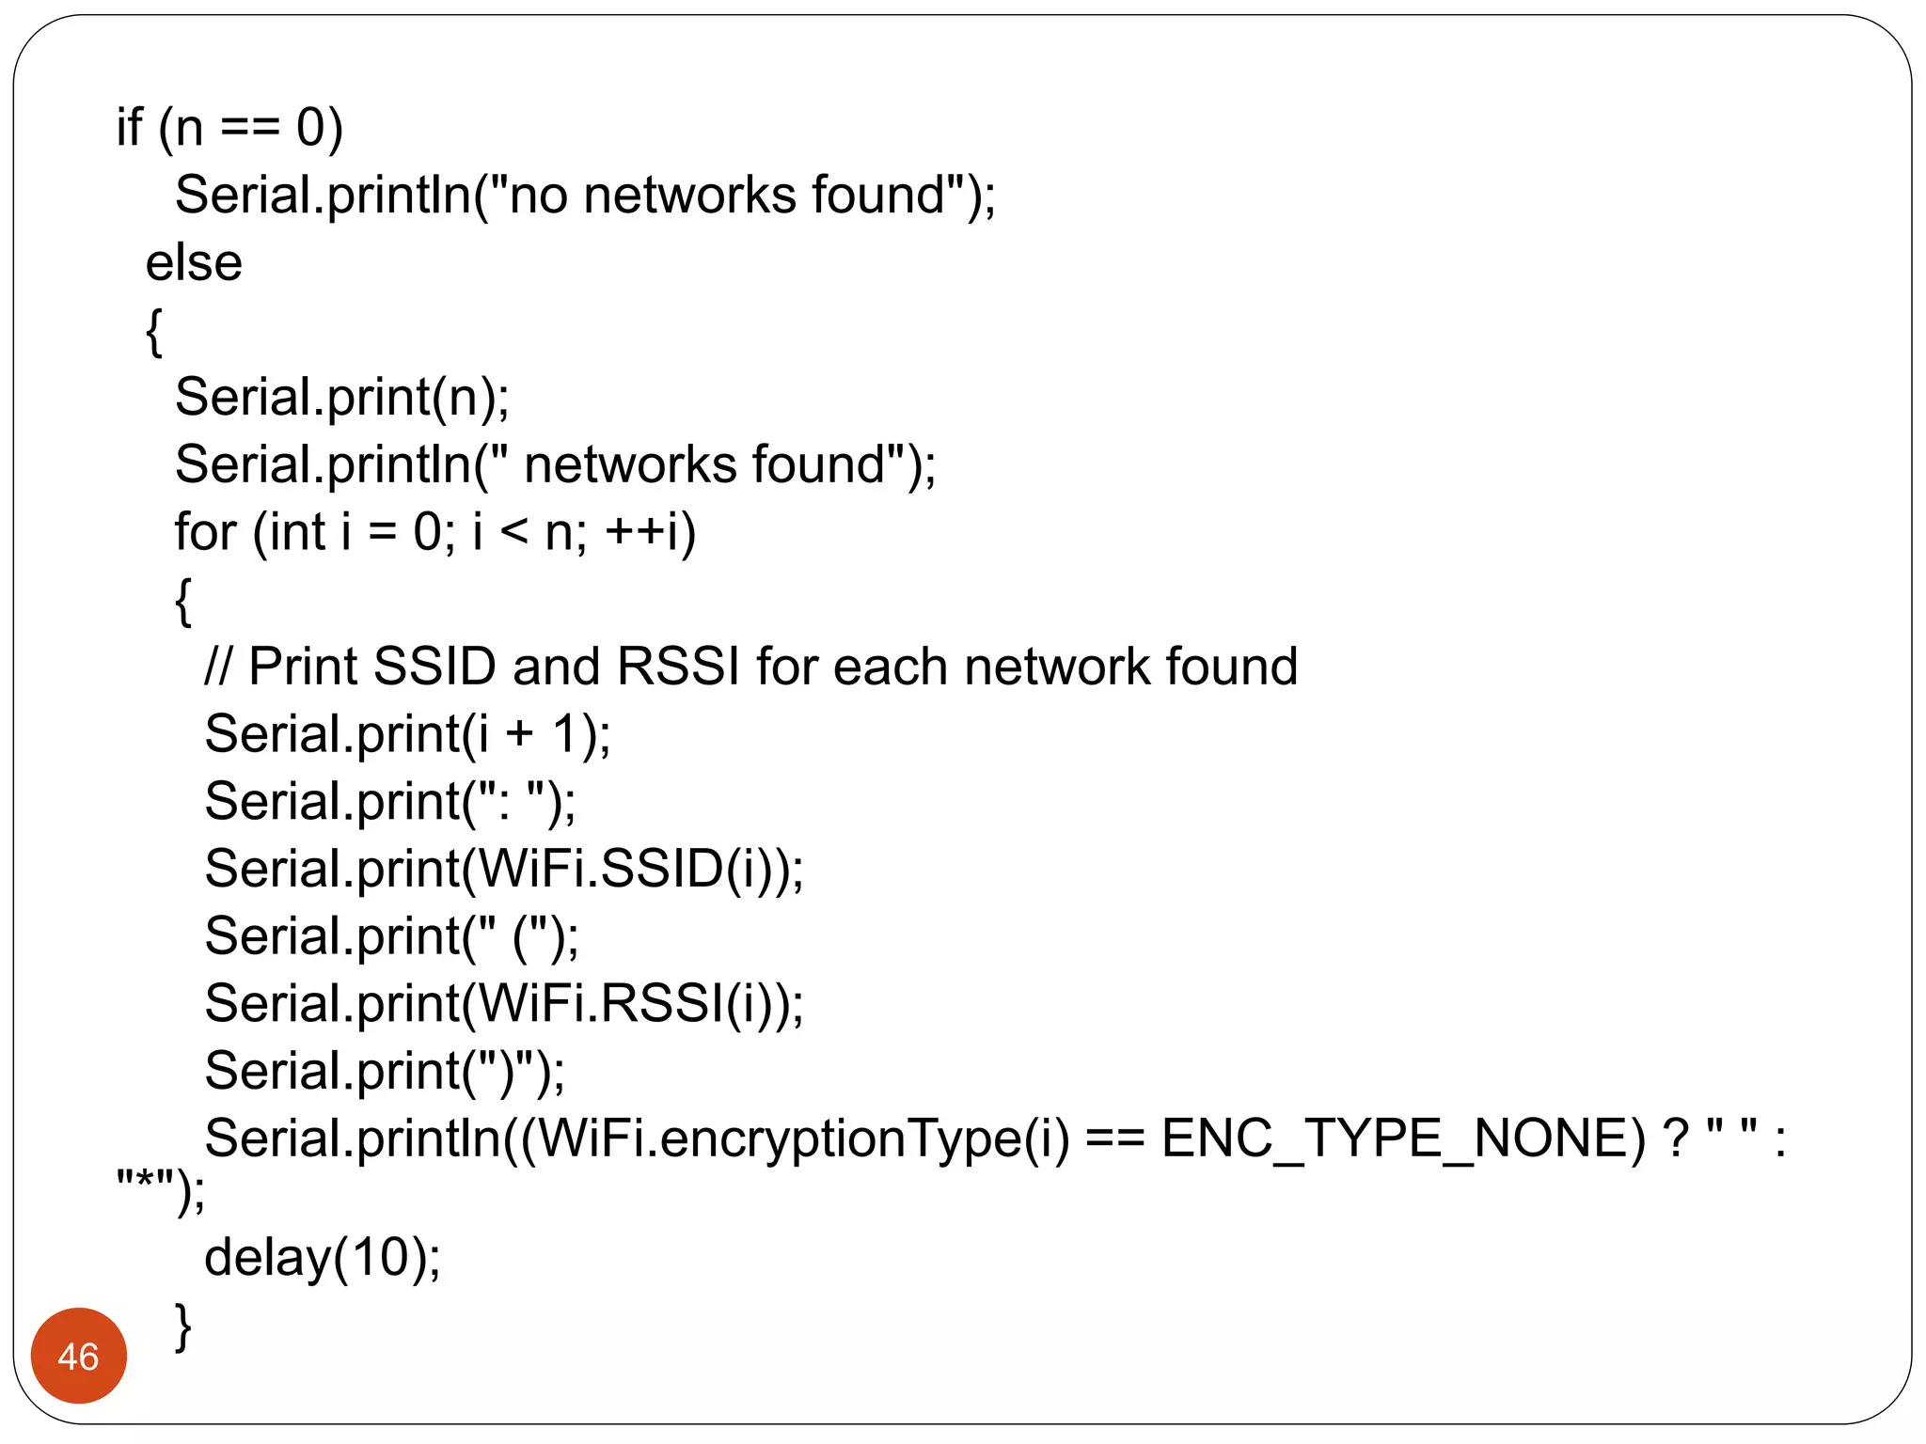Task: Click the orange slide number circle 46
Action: point(78,1356)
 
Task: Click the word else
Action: point(194,262)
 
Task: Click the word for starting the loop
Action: point(205,532)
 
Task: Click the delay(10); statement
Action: point(322,1258)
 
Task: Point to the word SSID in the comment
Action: point(434,667)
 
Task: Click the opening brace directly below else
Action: point(154,331)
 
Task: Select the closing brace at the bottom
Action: point(183,1326)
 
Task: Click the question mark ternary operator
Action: point(1675,1138)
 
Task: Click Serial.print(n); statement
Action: point(341,398)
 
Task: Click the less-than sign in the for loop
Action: point(514,533)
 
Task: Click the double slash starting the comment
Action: point(217,667)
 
